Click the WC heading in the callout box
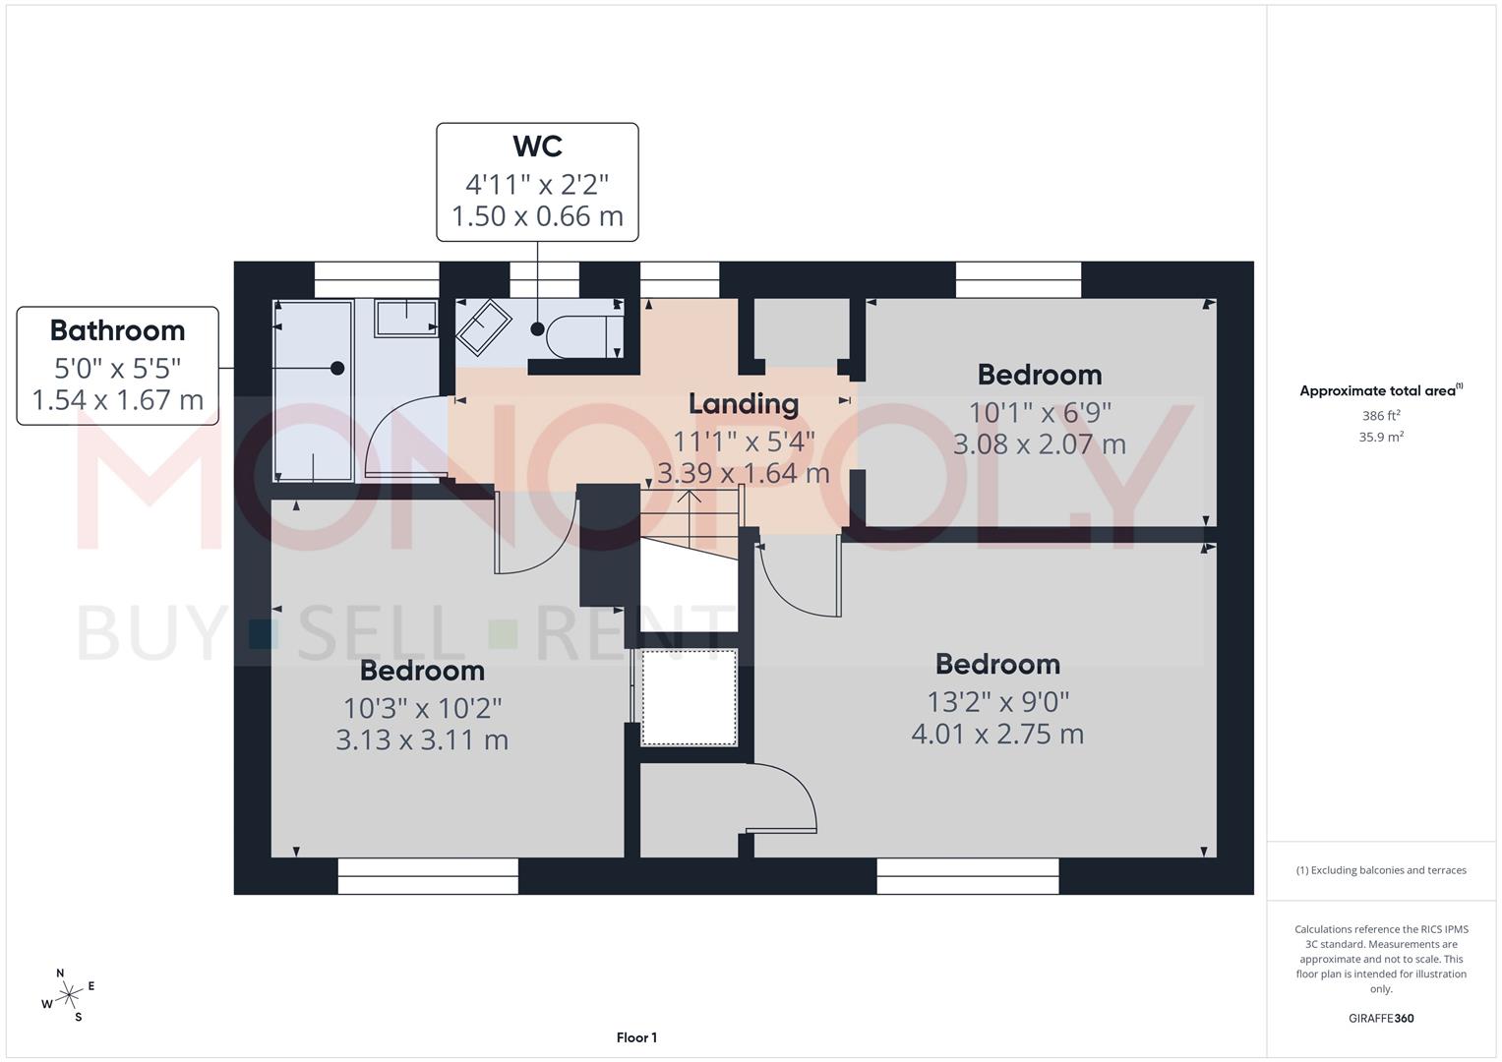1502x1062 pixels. point(537,147)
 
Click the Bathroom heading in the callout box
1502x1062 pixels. point(117,330)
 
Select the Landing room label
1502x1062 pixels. point(743,403)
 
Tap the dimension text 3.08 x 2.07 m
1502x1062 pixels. point(1039,444)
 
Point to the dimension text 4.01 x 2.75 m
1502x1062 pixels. point(997,735)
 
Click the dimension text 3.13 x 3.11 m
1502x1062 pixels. point(422,740)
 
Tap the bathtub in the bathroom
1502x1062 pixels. point(312,391)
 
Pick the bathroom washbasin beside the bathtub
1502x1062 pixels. point(405,318)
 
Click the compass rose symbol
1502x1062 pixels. point(69,995)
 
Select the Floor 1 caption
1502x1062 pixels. point(636,1037)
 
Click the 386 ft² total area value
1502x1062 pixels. point(1381,416)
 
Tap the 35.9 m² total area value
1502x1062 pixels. point(1381,438)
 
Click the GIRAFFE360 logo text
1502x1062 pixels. point(1380,1018)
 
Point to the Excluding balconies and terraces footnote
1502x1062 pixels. point(1381,870)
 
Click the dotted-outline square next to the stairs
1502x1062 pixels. point(689,697)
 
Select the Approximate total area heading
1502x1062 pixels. point(1380,390)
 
